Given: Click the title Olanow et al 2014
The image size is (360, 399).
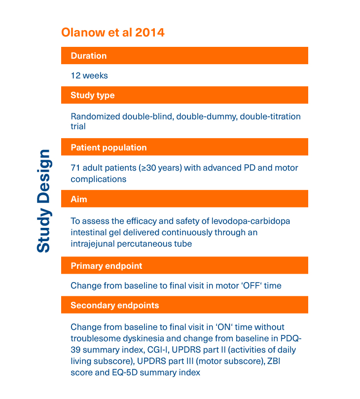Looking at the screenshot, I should pos(112,33).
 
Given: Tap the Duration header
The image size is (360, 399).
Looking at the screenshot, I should pos(89,56).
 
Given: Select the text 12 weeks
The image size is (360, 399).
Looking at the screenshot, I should pos(89,75).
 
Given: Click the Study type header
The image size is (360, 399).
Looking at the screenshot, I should pos(93,95).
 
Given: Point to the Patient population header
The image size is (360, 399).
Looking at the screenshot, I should pos(108,147).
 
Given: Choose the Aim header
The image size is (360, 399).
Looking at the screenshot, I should pos(79,199).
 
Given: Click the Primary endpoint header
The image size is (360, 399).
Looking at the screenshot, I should pos(107,266).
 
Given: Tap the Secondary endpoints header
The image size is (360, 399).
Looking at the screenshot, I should pos(115,305).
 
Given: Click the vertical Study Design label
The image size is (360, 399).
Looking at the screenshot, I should pos(43,200).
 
